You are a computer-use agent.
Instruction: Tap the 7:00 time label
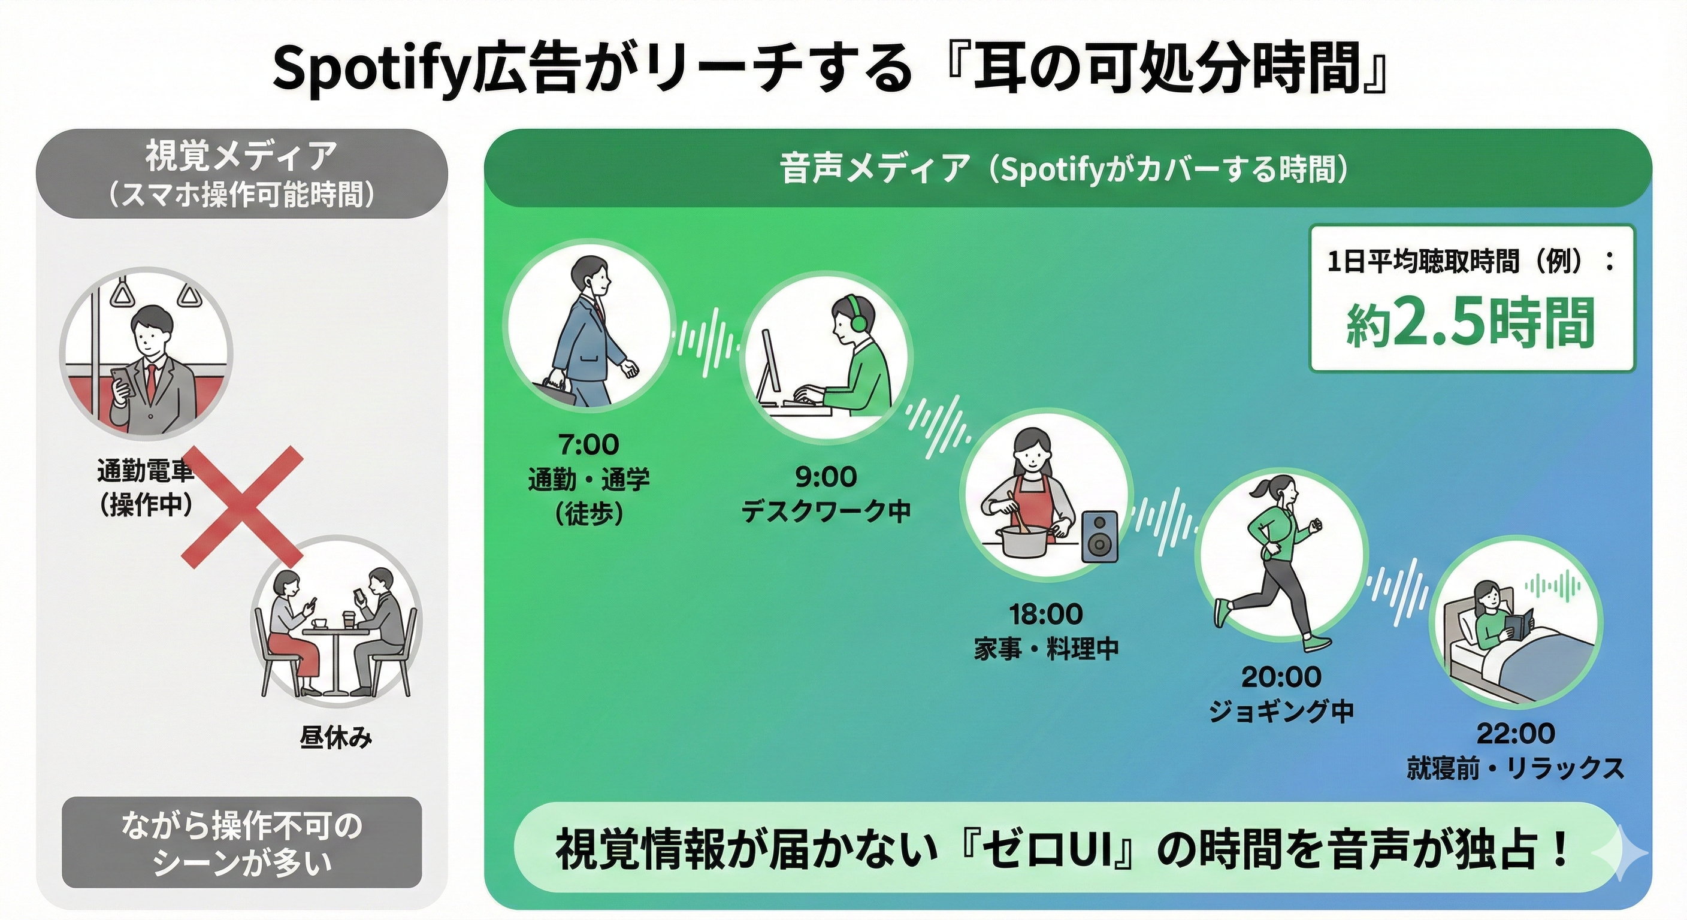(588, 445)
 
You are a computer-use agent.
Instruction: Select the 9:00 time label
(825, 477)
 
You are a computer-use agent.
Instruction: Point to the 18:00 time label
(1046, 614)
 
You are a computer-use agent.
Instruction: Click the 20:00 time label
(1281, 676)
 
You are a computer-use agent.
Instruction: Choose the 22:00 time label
(1516, 733)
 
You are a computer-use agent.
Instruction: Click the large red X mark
(241, 506)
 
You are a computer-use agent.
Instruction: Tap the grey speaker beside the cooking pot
(1099, 537)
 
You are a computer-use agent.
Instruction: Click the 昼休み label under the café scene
(336, 738)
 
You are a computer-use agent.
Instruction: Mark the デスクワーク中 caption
(825, 512)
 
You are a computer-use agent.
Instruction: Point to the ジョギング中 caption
(1281, 711)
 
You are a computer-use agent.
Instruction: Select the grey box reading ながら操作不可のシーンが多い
(241, 843)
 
